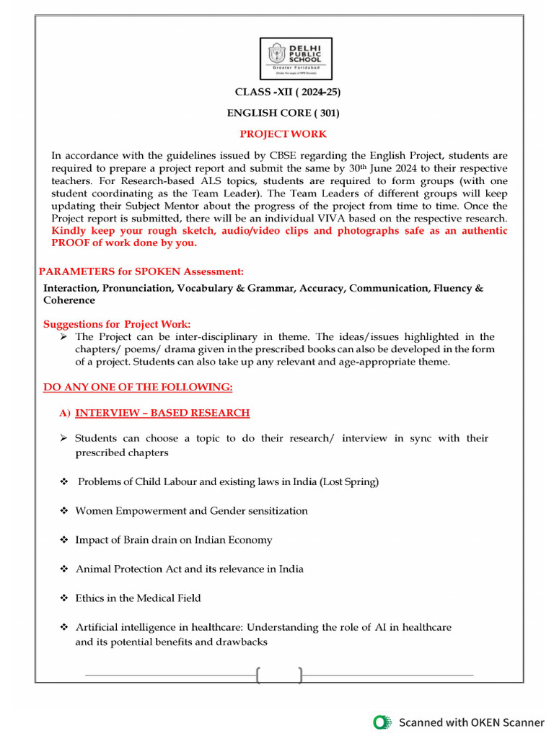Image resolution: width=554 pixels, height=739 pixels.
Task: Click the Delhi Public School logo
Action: (x=296, y=58)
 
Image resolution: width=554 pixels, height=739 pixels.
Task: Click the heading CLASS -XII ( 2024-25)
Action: (x=287, y=92)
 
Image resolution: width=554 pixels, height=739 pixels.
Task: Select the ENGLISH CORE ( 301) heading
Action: (x=283, y=113)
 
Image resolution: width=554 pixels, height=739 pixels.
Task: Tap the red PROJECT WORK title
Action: (x=283, y=134)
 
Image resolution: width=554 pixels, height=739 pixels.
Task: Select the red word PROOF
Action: (x=73, y=243)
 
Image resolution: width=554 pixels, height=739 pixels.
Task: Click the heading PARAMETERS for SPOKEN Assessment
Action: (x=141, y=271)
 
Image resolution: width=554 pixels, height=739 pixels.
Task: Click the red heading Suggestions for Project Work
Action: (x=117, y=324)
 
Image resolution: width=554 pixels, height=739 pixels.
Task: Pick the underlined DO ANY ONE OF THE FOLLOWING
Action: (x=138, y=387)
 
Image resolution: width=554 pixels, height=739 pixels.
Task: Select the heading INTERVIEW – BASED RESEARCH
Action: (x=162, y=413)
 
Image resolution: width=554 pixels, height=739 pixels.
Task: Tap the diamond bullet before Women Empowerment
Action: (x=64, y=510)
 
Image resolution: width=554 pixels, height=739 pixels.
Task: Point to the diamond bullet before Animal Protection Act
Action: (x=64, y=569)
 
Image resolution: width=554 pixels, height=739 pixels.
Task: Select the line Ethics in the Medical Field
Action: (x=138, y=598)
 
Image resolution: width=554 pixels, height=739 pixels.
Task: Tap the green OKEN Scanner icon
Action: (x=382, y=722)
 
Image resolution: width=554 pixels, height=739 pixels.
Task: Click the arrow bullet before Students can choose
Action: (x=63, y=438)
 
